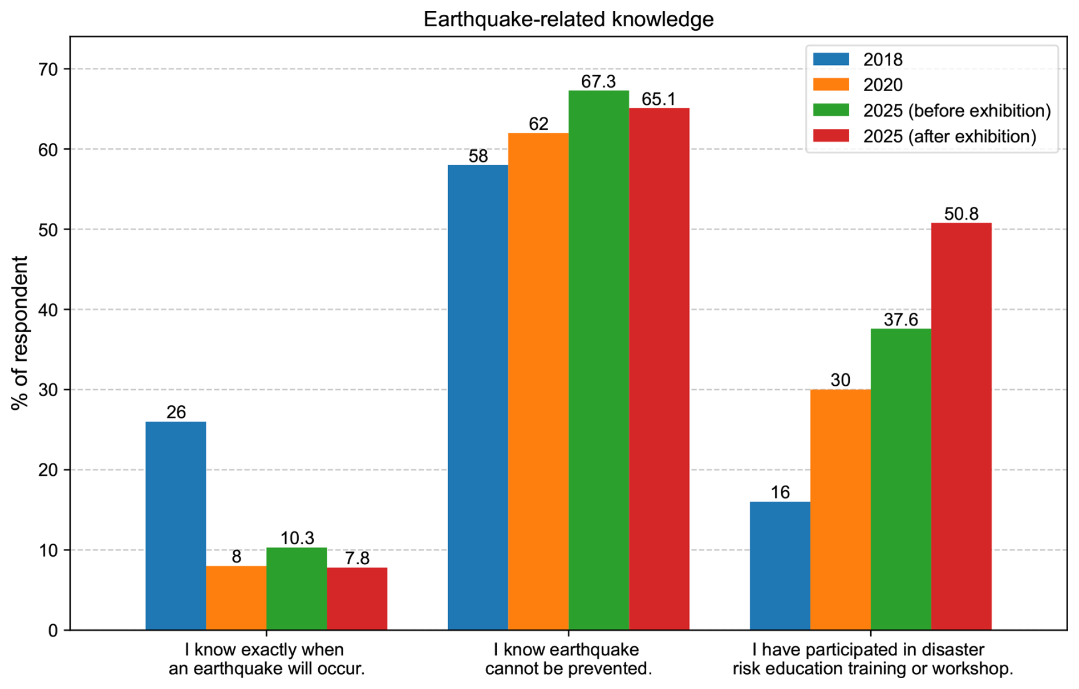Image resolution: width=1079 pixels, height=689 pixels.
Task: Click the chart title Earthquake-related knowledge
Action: [568, 19]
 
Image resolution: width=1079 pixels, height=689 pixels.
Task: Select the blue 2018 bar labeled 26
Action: [176, 525]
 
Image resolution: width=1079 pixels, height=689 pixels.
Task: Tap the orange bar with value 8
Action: [236, 598]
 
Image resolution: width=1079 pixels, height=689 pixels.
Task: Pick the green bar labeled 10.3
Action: [297, 589]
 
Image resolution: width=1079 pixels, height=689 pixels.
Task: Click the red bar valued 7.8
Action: [357, 598]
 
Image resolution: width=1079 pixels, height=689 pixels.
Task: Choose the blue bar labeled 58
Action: [478, 397]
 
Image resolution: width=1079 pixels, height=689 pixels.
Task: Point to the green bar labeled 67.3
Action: [599, 360]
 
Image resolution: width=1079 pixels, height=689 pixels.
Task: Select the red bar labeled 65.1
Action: [659, 369]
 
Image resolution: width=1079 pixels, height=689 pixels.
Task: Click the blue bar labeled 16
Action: [780, 565]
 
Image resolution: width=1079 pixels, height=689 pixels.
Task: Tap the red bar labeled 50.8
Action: [961, 426]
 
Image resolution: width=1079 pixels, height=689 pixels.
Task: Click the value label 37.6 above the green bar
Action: [900, 320]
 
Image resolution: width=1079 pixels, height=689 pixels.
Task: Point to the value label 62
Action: [538, 124]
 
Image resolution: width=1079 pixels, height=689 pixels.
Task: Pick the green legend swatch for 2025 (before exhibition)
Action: [831, 110]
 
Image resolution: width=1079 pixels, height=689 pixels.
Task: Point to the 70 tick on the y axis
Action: [49, 70]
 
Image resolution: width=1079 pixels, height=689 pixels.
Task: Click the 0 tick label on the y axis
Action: [53, 630]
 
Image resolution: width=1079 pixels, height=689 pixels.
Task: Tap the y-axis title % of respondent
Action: [20, 333]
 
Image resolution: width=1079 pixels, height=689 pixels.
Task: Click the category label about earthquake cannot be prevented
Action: [568, 659]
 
